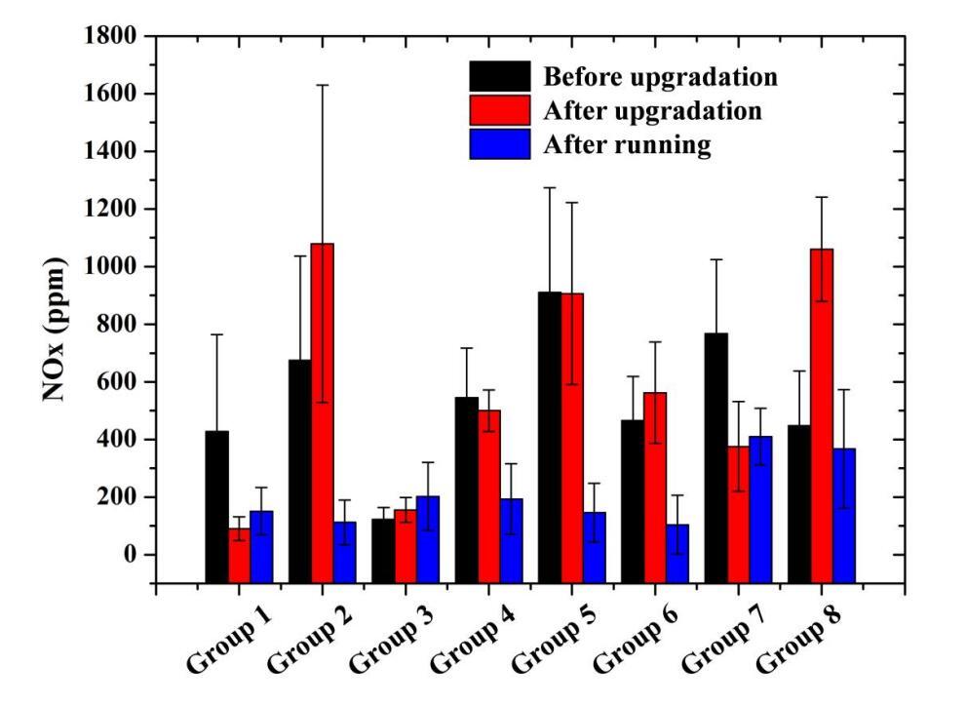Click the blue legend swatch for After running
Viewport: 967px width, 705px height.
click(500, 144)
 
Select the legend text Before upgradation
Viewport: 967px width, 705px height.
click(660, 77)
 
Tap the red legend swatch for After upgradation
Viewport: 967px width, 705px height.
click(500, 110)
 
